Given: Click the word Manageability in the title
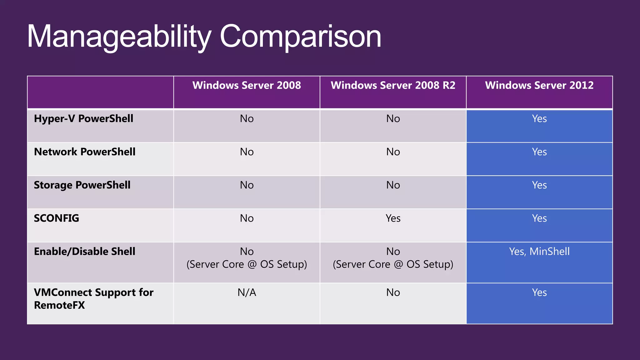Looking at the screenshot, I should [x=119, y=37].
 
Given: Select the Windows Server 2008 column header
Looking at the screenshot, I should [x=247, y=85].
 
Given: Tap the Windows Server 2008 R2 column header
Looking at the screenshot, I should [x=393, y=85].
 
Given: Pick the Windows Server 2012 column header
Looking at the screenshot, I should [x=539, y=85].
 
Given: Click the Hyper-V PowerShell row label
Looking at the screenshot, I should [x=83, y=119].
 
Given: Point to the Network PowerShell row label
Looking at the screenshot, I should [x=85, y=152].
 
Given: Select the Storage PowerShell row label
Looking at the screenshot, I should [x=82, y=185].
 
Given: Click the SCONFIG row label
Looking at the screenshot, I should [x=57, y=218].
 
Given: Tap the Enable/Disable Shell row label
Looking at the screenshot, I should [x=85, y=252].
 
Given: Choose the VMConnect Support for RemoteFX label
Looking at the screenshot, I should [x=93, y=299].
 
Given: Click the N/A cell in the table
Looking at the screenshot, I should [x=247, y=292].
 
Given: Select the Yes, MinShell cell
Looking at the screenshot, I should [x=539, y=252].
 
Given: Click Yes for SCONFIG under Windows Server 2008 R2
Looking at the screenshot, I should [x=393, y=218].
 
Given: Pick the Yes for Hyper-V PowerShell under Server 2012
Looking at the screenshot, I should [x=539, y=119].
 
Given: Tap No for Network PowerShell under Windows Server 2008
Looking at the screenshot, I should [x=247, y=152].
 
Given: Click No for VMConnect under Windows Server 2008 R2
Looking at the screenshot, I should [x=393, y=292].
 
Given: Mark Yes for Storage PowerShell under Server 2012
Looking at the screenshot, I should [x=539, y=185].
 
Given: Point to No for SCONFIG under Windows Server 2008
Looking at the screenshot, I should [x=247, y=218].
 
